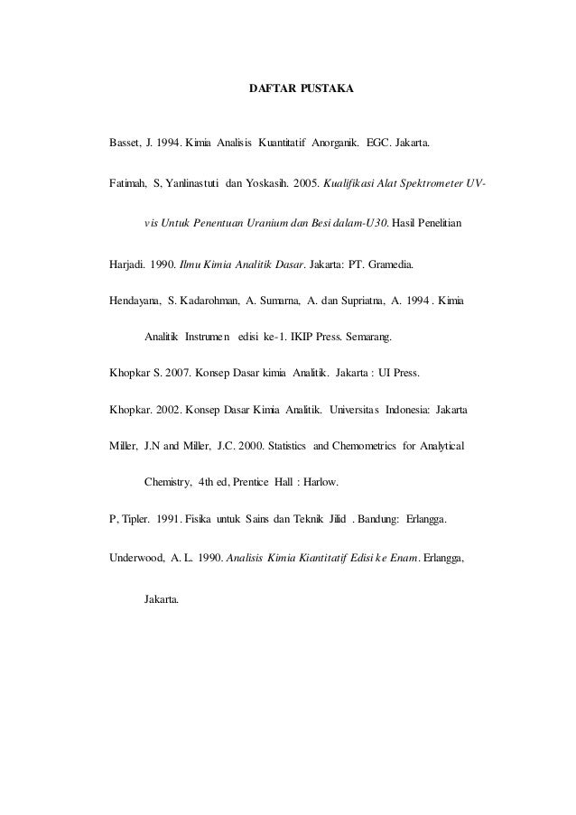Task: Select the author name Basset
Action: click(125, 144)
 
